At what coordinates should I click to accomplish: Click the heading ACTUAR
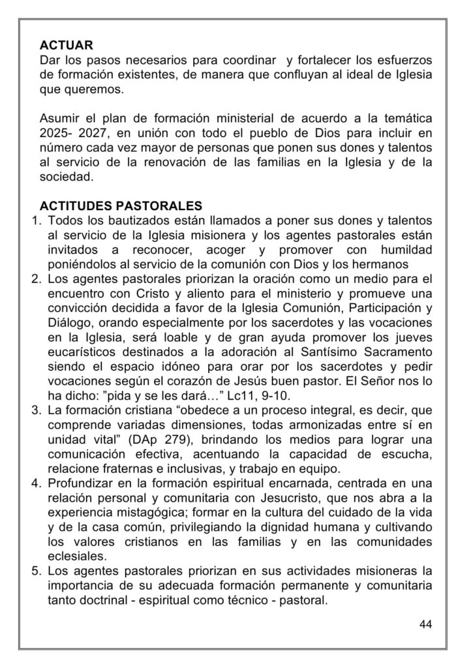67,46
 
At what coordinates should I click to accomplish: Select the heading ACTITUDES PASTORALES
121,207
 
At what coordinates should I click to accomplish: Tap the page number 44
425,624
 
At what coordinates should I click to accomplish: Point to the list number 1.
37,222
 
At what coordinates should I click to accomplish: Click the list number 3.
37,410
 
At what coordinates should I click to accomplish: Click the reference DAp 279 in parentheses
153,438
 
